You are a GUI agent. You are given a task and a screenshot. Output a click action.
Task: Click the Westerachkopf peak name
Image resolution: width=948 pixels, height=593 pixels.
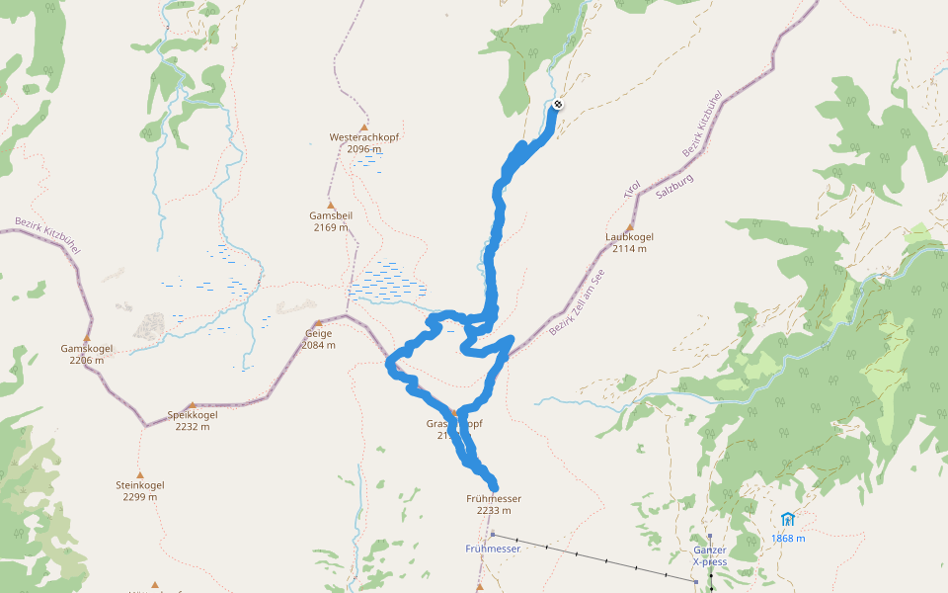[x=363, y=137]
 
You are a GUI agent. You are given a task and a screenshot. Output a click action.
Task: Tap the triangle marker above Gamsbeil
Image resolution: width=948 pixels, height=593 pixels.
[x=330, y=204]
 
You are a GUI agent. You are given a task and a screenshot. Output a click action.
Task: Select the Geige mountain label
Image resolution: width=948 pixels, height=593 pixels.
[x=318, y=334]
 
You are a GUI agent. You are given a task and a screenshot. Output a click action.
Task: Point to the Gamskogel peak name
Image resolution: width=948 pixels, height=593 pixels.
[x=87, y=349]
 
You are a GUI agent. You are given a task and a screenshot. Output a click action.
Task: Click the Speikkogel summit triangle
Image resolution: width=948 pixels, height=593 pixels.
[x=192, y=404]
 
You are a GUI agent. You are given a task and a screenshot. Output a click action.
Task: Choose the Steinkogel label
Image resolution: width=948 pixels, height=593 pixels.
[x=140, y=485]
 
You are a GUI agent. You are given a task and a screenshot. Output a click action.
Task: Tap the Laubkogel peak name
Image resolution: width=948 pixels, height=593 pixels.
[x=629, y=237]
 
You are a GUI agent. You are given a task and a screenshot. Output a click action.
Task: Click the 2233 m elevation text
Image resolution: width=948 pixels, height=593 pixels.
[x=494, y=511]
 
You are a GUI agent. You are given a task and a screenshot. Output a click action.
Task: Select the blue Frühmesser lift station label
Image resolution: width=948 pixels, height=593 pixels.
[x=493, y=548]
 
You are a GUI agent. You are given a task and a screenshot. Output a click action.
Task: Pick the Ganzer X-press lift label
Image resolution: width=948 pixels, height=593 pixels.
[x=710, y=555]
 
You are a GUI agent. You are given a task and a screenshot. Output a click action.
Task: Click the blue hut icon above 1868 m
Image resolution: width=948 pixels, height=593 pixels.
[x=787, y=519]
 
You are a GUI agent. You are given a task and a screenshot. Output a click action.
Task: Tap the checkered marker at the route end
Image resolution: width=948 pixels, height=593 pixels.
[x=558, y=105]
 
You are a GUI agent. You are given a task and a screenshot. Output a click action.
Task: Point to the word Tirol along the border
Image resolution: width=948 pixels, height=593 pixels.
[x=632, y=189]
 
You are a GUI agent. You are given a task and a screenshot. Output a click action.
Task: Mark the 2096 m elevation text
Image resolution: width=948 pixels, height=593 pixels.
[x=363, y=149]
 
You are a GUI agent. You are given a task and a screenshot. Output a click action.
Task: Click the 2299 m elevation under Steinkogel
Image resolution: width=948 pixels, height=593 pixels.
[x=140, y=497]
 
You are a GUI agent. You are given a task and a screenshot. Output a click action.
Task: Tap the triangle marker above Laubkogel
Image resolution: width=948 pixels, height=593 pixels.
[x=629, y=226]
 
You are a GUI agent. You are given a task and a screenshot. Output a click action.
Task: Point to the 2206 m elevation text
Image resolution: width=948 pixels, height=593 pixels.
[x=87, y=361]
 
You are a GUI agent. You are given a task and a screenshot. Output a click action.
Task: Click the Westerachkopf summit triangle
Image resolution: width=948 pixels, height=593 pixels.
[x=363, y=127]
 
